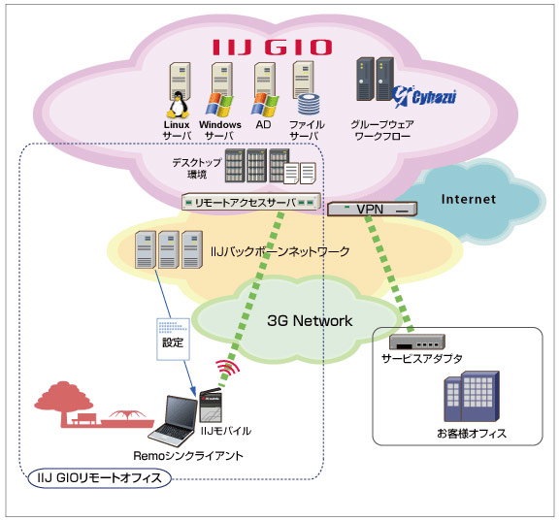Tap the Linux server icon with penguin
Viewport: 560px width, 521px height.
(177, 88)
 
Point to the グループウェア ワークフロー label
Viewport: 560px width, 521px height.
(385, 131)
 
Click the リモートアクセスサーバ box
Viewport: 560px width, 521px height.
(250, 201)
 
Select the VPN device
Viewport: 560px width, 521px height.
(371, 208)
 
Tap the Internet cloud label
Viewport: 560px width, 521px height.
(469, 200)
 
